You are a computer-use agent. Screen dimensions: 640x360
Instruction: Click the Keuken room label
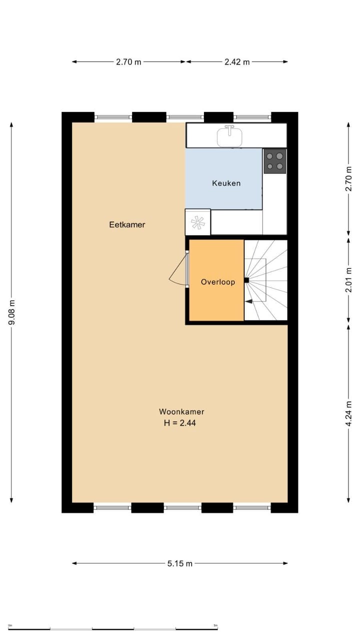point(226,183)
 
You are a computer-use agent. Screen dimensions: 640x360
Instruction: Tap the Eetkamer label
point(127,224)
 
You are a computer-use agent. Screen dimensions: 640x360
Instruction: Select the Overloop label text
point(217,282)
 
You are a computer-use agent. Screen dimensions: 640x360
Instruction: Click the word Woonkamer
point(181,412)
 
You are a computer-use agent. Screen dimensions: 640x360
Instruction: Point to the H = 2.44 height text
point(181,422)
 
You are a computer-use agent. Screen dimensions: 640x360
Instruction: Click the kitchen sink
point(229,135)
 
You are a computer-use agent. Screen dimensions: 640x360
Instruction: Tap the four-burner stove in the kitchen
point(274,161)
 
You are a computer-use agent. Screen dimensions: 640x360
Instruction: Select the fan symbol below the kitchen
point(197,222)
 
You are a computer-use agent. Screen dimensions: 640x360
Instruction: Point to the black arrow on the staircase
point(248,301)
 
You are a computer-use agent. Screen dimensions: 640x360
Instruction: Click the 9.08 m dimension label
point(12,312)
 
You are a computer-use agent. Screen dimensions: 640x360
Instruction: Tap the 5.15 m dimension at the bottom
point(180,563)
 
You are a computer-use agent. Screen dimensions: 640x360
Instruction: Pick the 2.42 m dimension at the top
point(237,62)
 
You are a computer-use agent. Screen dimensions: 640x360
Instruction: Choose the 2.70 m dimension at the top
point(128,62)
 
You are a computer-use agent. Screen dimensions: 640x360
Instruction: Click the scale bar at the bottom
point(113,628)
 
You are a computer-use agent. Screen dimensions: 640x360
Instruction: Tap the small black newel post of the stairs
point(246,280)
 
